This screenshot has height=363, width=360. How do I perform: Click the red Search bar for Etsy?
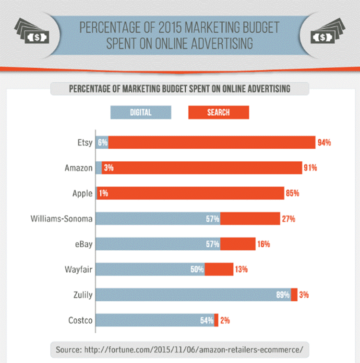211,143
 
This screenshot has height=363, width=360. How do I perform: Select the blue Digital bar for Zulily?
192,295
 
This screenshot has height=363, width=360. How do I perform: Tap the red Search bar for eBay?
238,244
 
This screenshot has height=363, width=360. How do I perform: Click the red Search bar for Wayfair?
219,269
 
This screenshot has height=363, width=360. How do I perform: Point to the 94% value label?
324,143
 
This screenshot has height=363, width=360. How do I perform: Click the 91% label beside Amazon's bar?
310,168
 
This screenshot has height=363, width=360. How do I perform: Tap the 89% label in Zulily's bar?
283,295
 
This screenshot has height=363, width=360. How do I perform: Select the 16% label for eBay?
264,244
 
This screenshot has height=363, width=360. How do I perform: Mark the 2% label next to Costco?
225,320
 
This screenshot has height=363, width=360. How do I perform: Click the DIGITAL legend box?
141,113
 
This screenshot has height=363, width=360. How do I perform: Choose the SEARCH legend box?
218,113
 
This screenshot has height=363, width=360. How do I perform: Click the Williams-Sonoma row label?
61,219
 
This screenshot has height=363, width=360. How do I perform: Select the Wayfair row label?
79,269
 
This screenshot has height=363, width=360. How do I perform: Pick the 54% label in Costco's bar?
207,320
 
